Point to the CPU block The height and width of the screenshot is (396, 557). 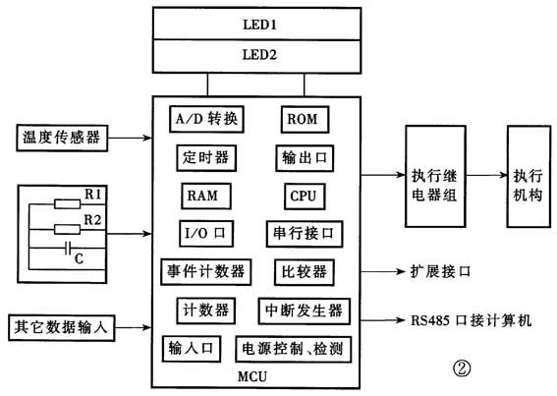click(x=302, y=195)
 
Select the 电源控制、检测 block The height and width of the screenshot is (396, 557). click(x=294, y=349)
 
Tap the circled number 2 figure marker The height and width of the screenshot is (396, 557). click(x=461, y=368)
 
